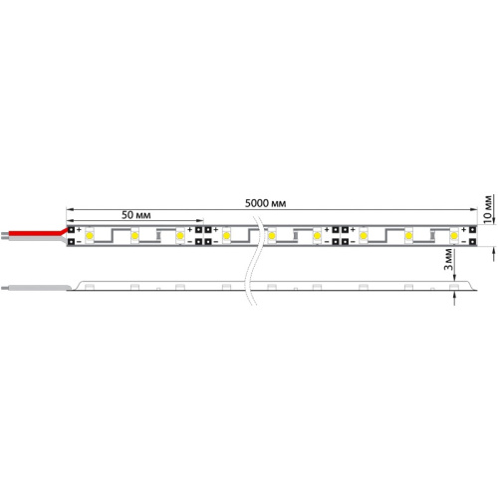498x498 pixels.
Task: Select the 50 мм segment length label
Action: click(x=135, y=214)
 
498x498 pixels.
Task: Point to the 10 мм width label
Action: click(x=487, y=204)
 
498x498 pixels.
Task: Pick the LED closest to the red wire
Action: click(x=90, y=235)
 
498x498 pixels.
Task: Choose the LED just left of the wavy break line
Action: click(x=226, y=235)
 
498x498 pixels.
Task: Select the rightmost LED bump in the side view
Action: click(x=453, y=286)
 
